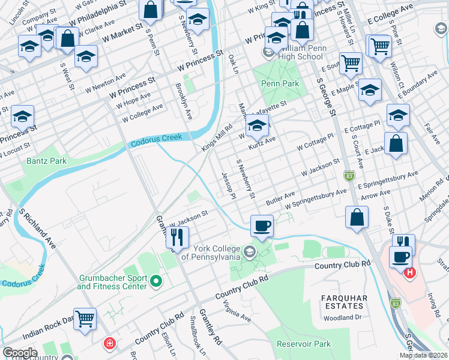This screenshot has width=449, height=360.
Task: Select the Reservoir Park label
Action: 304,344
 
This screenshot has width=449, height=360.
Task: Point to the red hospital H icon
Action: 410,274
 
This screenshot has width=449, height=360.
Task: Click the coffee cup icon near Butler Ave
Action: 262,226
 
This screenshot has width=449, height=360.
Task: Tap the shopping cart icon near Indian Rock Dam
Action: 85,319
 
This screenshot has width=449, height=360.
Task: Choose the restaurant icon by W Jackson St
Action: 178,238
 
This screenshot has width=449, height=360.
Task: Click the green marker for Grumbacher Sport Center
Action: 156,280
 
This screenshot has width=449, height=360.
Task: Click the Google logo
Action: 20,352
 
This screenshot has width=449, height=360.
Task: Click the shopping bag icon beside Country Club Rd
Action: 357,217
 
